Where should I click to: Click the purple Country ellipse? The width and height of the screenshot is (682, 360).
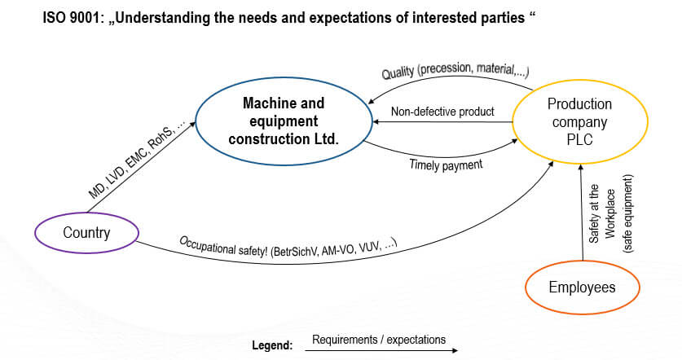point(86,233)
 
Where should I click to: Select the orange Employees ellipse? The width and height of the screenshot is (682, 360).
point(582,288)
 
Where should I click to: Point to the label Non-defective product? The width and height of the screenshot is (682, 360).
point(442,111)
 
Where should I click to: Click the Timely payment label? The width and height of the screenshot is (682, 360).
point(447,164)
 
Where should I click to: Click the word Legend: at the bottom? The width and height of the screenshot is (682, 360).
point(272,345)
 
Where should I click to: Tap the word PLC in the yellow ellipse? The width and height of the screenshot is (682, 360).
point(579,139)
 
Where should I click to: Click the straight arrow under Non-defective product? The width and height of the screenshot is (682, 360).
point(442,122)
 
